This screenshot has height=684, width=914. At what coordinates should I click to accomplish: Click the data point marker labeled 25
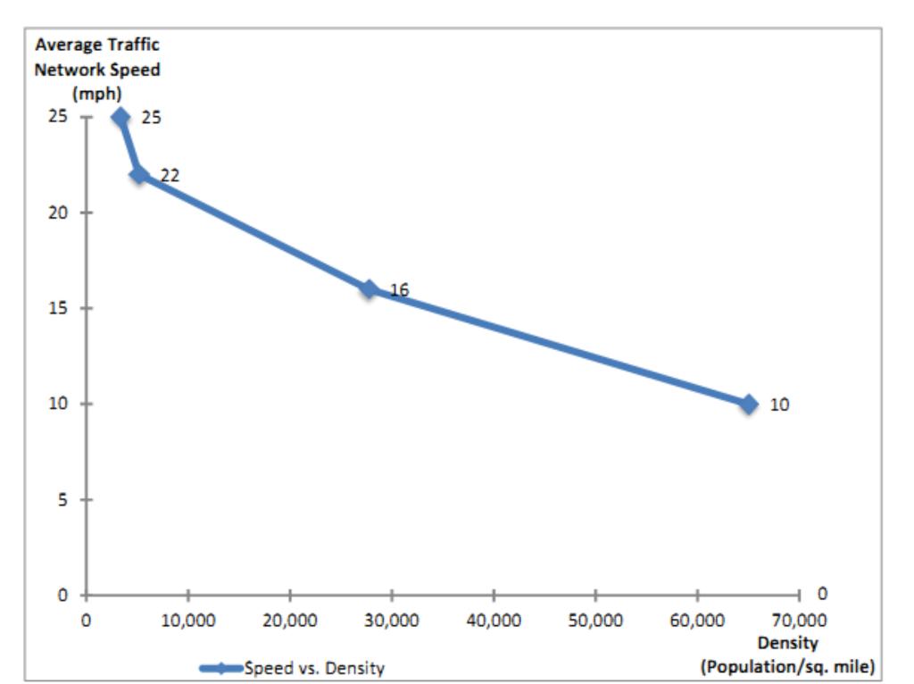(x=120, y=117)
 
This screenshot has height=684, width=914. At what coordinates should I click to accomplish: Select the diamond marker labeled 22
(x=138, y=174)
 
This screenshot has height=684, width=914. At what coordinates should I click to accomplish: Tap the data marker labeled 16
(x=369, y=288)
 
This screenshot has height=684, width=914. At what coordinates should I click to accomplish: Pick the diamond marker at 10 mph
(x=748, y=404)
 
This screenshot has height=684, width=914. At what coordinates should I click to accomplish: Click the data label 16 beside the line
(x=399, y=289)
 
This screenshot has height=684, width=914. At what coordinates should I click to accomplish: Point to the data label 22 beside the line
(x=170, y=176)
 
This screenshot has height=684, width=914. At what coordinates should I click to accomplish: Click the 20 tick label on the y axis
(x=61, y=213)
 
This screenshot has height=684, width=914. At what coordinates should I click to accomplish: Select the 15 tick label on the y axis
(x=61, y=308)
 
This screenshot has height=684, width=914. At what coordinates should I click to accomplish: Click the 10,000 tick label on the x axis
(x=187, y=621)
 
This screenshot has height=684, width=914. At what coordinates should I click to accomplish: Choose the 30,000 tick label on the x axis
(x=391, y=621)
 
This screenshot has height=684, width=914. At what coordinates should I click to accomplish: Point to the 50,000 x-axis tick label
(x=594, y=621)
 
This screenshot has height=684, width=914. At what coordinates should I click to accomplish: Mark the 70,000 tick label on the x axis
(x=798, y=621)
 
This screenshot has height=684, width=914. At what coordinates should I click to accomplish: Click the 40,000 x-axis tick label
(x=493, y=621)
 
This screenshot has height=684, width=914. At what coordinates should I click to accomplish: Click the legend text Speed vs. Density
(x=314, y=668)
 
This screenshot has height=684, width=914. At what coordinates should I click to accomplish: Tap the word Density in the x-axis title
(x=788, y=642)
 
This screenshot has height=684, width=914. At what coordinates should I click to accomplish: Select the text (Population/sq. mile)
(x=788, y=665)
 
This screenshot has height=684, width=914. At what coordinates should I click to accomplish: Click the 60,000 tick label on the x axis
(x=696, y=621)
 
